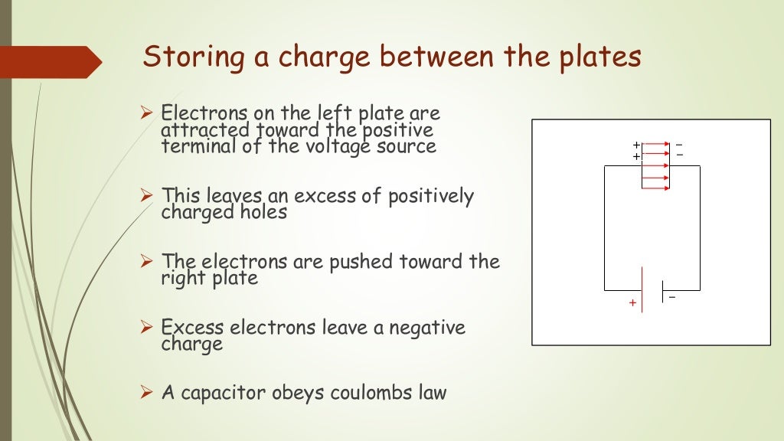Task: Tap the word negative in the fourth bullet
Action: [427, 328]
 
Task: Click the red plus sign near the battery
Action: [632, 303]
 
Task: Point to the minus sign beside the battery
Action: [672, 297]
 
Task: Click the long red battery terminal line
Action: [642, 290]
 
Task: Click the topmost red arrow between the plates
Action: [656, 144]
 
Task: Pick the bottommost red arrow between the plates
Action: [656, 188]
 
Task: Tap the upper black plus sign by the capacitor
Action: [635, 145]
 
